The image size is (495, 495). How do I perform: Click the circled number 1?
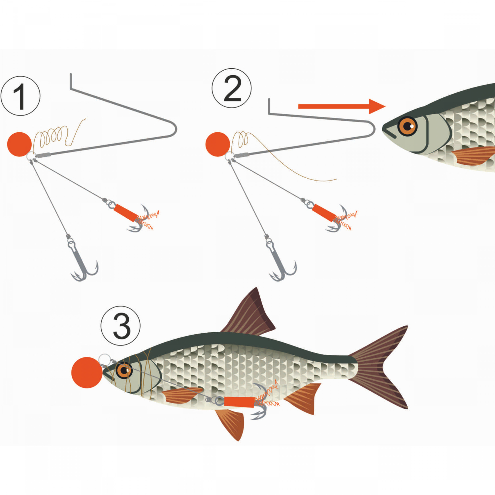tap(20, 96)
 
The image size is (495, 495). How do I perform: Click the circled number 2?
tap(232, 88)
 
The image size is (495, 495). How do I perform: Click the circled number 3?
tap(121, 326)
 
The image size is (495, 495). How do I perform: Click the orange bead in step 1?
tap(19, 144)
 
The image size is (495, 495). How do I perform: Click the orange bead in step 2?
tap(217, 144)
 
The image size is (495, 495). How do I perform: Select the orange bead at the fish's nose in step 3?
tap(87, 372)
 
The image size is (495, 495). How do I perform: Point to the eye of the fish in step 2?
tap(408, 126)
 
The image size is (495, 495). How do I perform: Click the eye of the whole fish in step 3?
tap(124, 371)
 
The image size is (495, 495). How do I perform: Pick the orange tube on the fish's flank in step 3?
tap(239, 402)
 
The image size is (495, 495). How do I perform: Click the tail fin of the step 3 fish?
tap(383, 366)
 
